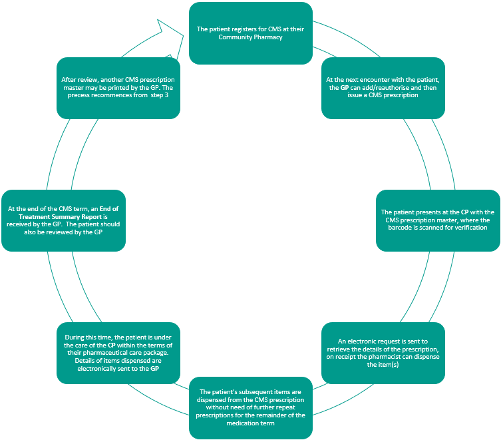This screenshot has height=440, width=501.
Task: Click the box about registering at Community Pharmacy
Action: pyautogui.click(x=251, y=33)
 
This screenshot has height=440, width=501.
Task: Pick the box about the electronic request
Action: pyautogui.click(x=383, y=353)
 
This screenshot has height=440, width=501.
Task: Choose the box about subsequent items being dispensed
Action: pyautogui.click(x=251, y=407)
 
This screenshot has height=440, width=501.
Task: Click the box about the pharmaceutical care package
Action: pyautogui.click(x=118, y=353)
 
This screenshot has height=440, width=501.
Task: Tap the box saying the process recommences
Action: pyautogui.click(x=118, y=87)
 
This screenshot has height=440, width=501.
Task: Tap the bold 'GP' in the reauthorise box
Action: pyautogui.click(x=345, y=87)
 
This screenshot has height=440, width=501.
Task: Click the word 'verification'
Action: pyautogui.click(x=469, y=228)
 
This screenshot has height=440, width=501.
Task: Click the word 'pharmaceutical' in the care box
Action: pyautogui.click(x=110, y=353)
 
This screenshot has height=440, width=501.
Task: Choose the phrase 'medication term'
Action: pyautogui.click(x=251, y=423)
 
